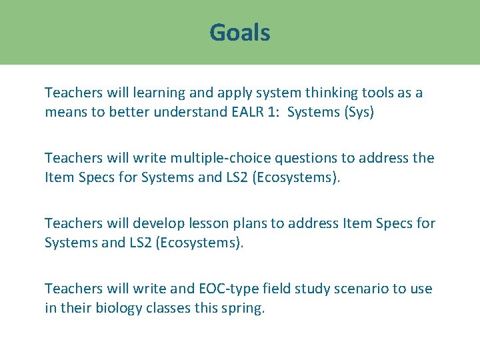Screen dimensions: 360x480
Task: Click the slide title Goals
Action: coord(240,32)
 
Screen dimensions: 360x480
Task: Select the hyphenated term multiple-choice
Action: coord(211,158)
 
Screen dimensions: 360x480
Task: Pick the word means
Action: coord(65,112)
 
